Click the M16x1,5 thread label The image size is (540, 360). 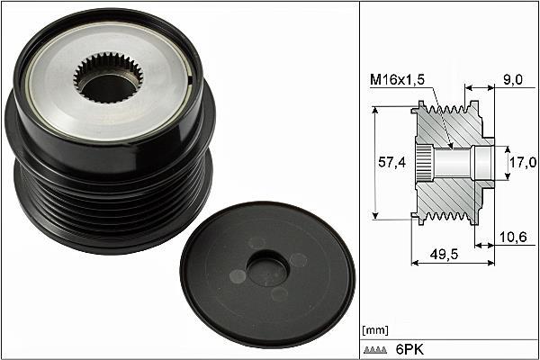pos(397,80)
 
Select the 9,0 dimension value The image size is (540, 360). pos(513,80)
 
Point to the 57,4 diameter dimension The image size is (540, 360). pos(392,162)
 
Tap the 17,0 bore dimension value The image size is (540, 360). pos(523,162)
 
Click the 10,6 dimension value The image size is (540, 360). pos(513,237)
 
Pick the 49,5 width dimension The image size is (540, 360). pos(445,254)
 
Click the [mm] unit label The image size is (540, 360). pos(375,330)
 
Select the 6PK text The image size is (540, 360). pos(409,350)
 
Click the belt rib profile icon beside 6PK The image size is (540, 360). pos(375,350)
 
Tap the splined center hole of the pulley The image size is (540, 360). pos(108,78)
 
